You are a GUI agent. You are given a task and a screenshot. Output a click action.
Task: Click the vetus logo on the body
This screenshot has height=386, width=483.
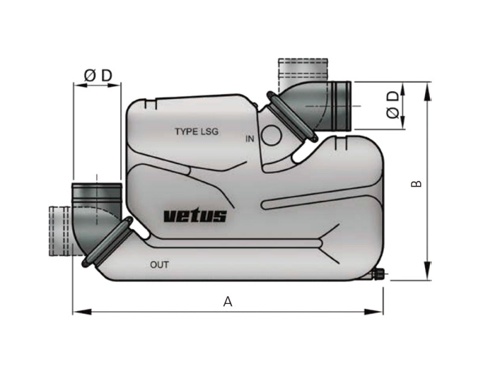pos(195,216)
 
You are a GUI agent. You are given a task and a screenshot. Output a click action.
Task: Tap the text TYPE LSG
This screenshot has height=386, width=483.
pos(196,131)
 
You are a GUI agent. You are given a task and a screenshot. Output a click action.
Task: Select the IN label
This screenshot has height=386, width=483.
pos(250,139)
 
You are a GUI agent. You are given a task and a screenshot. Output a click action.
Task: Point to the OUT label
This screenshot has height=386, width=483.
pos(159,264)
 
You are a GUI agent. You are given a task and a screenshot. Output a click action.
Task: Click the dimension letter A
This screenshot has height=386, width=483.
pos(228,302)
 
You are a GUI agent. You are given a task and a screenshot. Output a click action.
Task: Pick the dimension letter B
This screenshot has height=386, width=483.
pos(416,183)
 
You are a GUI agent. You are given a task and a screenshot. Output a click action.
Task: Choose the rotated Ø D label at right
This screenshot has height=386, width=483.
pos(393,105)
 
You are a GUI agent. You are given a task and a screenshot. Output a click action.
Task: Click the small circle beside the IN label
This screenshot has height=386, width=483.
pos(271,136)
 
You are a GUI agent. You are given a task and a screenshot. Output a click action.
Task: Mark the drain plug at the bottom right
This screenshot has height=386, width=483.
pos(379,276)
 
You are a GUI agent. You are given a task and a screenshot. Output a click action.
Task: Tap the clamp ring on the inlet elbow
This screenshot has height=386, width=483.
pos(292,117)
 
